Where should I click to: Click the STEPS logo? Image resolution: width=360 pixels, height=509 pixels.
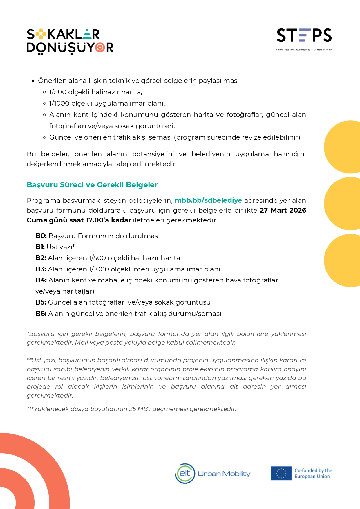pos(304,36)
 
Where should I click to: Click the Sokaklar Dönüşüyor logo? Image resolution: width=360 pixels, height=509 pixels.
pos(70,41)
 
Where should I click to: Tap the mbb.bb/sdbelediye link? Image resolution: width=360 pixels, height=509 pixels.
pos(208,200)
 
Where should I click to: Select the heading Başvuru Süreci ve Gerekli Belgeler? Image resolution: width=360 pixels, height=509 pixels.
pos(92,185)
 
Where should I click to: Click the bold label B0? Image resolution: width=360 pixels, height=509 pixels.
pos(41,236)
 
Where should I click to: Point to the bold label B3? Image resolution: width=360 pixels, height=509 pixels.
pos(41,269)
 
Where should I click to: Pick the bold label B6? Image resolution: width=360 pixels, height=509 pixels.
pos(41,314)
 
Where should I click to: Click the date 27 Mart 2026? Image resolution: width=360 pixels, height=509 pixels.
pos(283,210)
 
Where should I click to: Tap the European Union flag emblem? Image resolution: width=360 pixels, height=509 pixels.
pos(281,473)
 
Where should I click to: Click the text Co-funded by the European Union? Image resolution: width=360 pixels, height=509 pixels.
pos(313,473)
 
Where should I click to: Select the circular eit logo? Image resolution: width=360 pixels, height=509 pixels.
pos(185,473)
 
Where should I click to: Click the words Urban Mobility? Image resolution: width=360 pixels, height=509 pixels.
pos(224,474)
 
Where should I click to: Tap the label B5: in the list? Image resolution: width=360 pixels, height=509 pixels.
pos(41,302)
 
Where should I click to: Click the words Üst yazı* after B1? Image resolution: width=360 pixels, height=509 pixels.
pos(61,247)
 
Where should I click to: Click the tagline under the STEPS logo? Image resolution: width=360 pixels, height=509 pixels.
pos(304,50)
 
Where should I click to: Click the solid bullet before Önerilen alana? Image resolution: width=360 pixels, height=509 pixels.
pos(33,81)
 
